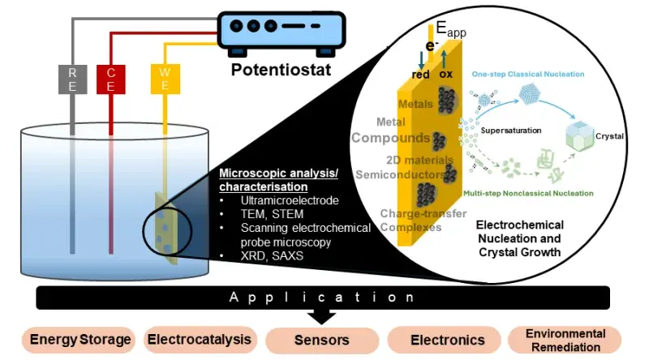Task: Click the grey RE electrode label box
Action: pyautogui.click(x=72, y=79)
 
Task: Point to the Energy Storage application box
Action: pyautogui.click(x=80, y=339)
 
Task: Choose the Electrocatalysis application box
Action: pyautogui.click(x=198, y=339)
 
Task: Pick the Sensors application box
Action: pyautogui.click(x=322, y=340)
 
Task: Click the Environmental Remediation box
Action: pyautogui.click(x=565, y=339)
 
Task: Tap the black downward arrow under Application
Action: pyautogui.click(x=324, y=315)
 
